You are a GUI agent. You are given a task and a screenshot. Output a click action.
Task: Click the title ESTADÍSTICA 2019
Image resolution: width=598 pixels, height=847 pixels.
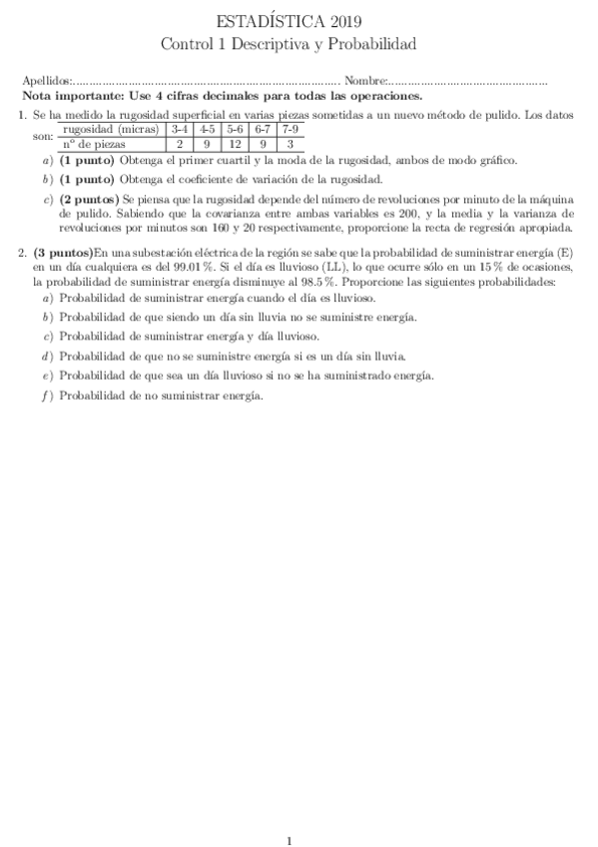(289, 22)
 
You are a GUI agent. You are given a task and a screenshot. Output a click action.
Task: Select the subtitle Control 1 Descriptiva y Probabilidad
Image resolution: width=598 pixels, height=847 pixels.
(289, 44)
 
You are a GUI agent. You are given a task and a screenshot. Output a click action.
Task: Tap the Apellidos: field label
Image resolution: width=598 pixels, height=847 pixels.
(47, 81)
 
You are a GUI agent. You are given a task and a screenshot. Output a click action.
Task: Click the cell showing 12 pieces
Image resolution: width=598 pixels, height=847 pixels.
(235, 144)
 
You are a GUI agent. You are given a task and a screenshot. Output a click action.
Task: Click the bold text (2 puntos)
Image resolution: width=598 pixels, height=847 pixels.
(90, 200)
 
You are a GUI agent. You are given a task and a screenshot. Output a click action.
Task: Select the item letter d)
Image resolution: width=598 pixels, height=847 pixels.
(47, 355)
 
